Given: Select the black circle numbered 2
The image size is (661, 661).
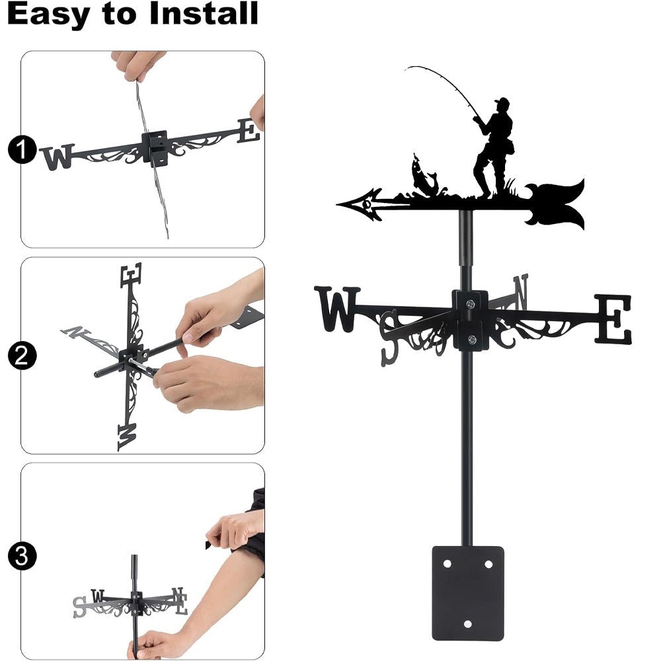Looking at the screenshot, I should (x=21, y=357).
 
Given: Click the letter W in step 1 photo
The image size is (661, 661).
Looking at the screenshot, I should (x=58, y=157).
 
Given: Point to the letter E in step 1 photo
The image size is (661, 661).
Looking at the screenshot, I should (x=249, y=131).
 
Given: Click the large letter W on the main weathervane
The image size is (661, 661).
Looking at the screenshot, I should (x=337, y=308).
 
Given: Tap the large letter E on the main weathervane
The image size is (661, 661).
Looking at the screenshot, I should (x=613, y=319).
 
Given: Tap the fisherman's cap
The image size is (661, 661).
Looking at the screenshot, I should (x=502, y=102).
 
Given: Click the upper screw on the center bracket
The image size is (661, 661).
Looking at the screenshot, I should (x=471, y=304).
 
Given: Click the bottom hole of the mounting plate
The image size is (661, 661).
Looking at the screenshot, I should (x=467, y=623).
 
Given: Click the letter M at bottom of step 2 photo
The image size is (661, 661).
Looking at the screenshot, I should (x=126, y=436).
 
